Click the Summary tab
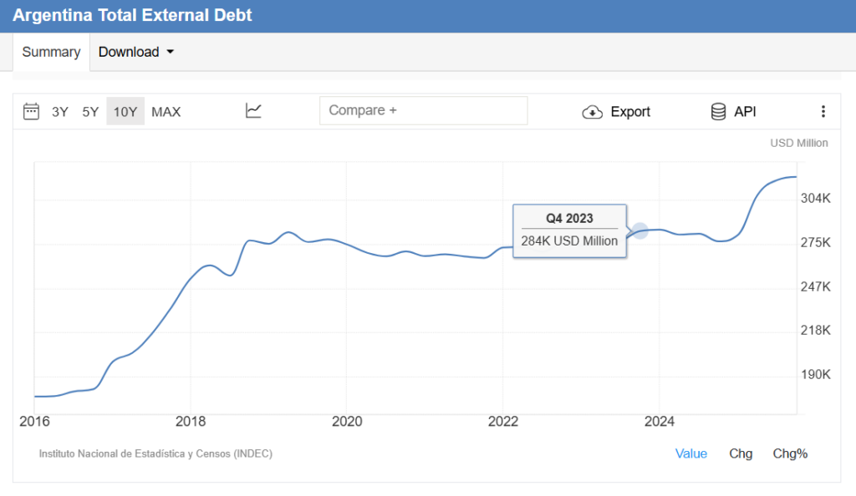point(51,52)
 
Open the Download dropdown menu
point(136,52)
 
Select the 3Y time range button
point(60,112)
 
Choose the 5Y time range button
point(90,112)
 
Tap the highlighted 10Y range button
point(125,112)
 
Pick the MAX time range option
point(166,112)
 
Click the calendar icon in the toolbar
point(32,111)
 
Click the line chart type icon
point(254,110)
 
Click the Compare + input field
point(423,110)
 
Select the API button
point(733,112)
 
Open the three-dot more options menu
point(823,112)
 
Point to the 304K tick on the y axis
point(815,199)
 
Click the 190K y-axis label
point(815,374)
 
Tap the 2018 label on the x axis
point(191,421)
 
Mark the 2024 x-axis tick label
point(660,421)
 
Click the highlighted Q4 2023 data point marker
point(639,230)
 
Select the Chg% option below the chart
point(790,453)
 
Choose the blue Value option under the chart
point(691,453)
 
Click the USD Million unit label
point(799,143)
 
